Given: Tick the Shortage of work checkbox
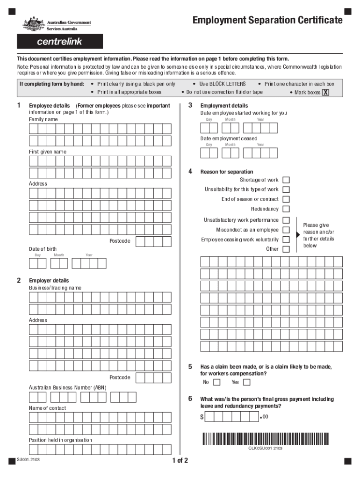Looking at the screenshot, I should click(286, 180).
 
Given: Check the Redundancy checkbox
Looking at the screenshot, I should click(286, 209).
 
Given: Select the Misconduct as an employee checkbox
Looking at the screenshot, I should click(286, 230).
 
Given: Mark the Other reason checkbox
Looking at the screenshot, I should click(286, 249).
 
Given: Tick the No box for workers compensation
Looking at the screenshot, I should click(216, 383).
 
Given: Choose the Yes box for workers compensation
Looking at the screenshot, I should click(246, 383).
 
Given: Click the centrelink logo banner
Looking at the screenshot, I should click(60, 42).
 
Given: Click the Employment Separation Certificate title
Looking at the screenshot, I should click(267, 20).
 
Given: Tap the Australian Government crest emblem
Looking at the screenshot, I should click(33, 23).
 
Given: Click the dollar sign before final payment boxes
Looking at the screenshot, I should click(202, 417).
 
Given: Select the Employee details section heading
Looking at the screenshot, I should click(50, 106).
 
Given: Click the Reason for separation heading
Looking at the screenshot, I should click(227, 172).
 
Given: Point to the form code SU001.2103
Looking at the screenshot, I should click(29, 460).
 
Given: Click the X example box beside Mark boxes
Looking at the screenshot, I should click(325, 92).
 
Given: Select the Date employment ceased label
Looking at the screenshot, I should click(229, 139).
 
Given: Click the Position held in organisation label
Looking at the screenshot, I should click(60, 440).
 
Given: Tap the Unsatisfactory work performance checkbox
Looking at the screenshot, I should click(286, 220).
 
